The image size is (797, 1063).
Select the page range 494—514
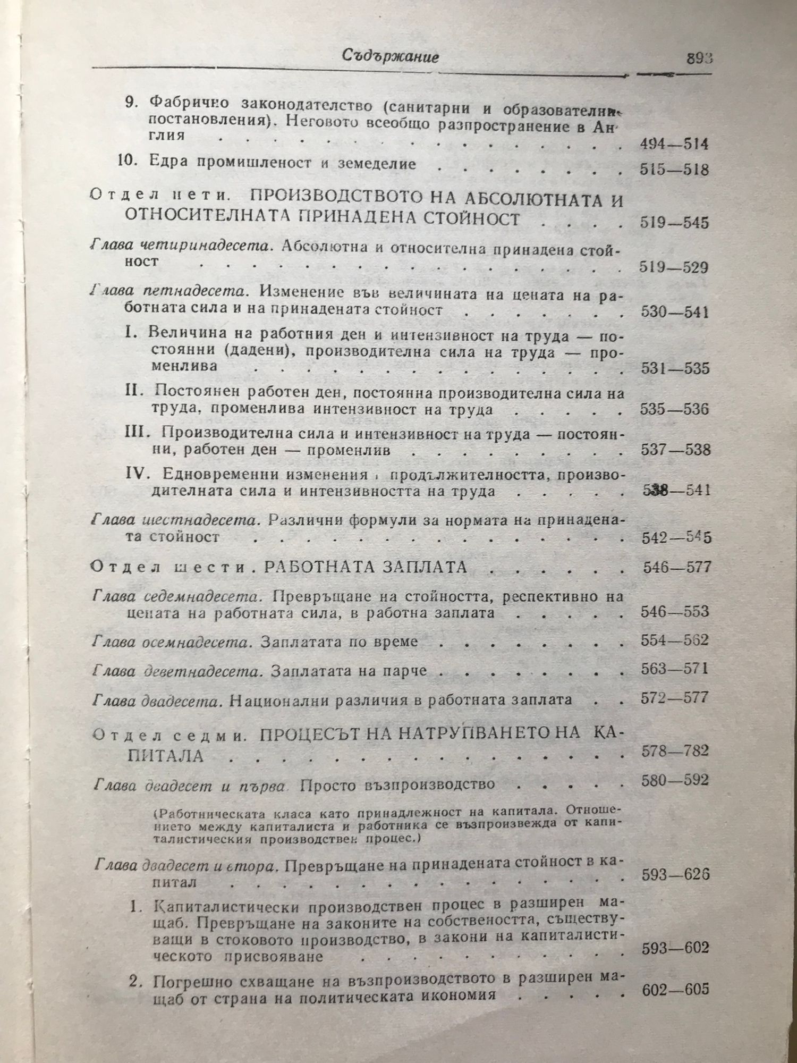(672, 144)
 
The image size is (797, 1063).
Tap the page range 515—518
(672, 170)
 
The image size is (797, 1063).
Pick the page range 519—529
(672, 267)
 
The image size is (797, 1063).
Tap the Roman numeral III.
(138, 432)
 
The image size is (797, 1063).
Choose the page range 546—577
(676, 567)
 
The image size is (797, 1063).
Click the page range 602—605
(675, 990)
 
